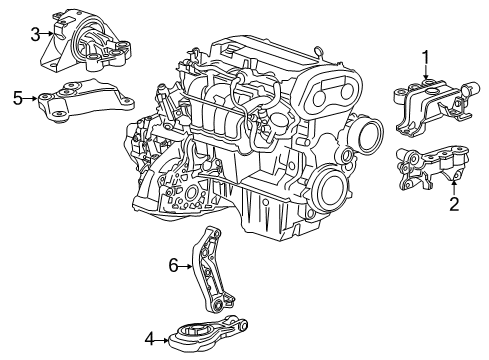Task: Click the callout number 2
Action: (x=453, y=205)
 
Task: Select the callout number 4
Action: (x=149, y=340)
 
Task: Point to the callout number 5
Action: (x=17, y=98)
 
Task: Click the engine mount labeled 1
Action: (x=429, y=106)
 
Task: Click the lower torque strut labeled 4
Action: (x=205, y=332)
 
